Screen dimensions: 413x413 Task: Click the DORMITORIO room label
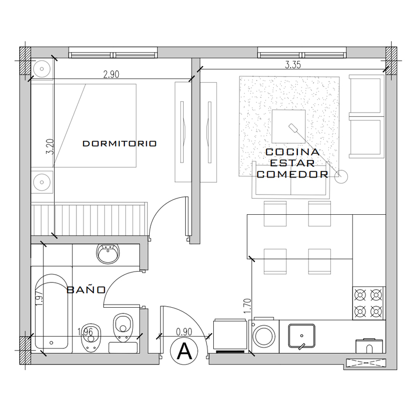pyautogui.click(x=120, y=144)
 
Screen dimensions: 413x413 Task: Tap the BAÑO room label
pyautogui.click(x=86, y=290)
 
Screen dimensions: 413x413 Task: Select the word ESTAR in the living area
pyautogui.click(x=292, y=163)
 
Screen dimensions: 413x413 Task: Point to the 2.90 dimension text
pyautogui.click(x=111, y=74)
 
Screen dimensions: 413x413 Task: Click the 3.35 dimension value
pyautogui.click(x=293, y=65)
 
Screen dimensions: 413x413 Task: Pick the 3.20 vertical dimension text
pyautogui.click(x=50, y=147)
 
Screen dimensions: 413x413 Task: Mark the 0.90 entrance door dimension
pyautogui.click(x=184, y=332)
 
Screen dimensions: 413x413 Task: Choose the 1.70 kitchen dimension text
pyautogui.click(x=247, y=306)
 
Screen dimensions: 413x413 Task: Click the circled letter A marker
pyautogui.click(x=184, y=352)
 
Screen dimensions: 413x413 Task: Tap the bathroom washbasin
pyautogui.click(x=108, y=253)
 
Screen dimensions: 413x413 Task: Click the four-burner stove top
pyautogui.click(x=369, y=303)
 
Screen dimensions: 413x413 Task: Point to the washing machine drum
pyautogui.click(x=264, y=337)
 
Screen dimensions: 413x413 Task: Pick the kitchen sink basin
pyautogui.click(x=301, y=336)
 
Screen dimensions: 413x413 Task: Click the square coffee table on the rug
pyautogui.click(x=289, y=126)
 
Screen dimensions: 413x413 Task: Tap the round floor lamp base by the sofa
pyautogui.click(x=341, y=177)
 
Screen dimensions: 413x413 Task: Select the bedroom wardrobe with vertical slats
pyautogui.click(x=89, y=219)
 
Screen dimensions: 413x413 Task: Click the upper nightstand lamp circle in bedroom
pyautogui.click(x=42, y=69)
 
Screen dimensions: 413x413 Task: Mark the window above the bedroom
pyautogui.click(x=113, y=53)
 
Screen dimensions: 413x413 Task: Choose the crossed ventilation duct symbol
pyautogui.click(x=366, y=363)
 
